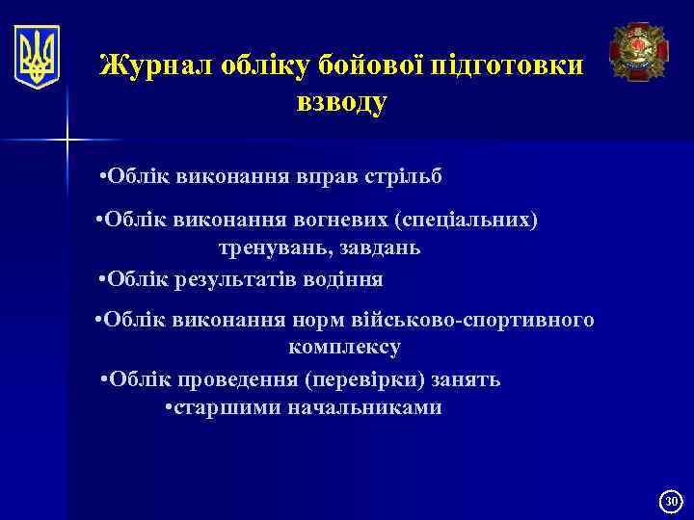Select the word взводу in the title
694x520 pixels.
[341, 102]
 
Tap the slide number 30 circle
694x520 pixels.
[671, 500]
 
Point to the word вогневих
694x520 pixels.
[343, 220]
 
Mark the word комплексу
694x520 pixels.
[343, 347]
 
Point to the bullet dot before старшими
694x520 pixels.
[169, 407]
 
